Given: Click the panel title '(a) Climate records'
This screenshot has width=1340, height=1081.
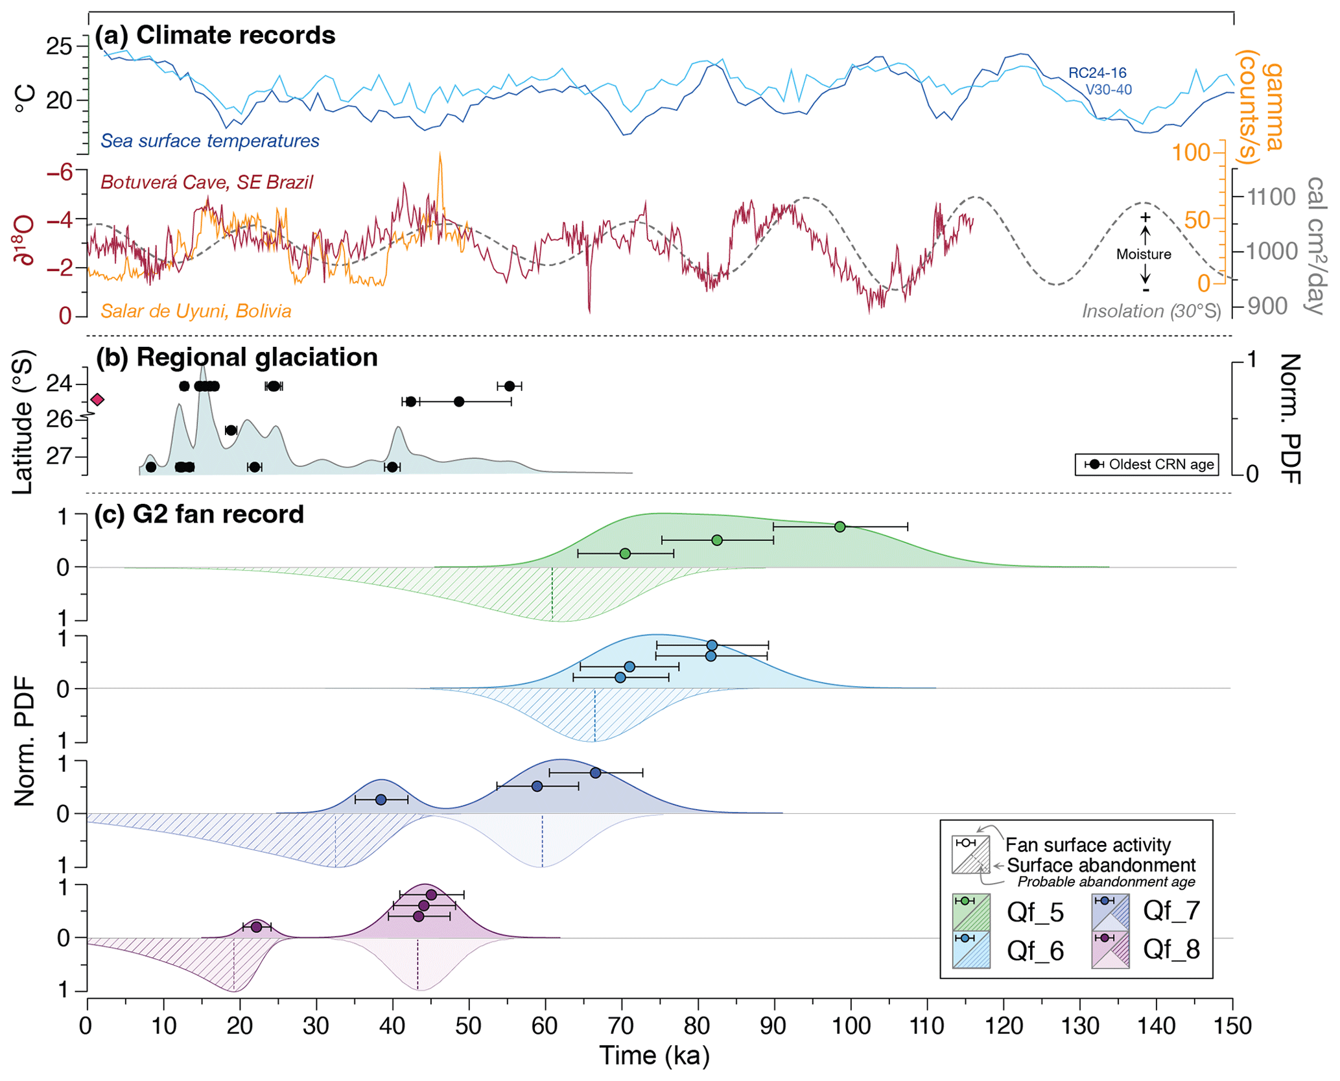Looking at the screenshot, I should pos(215,35).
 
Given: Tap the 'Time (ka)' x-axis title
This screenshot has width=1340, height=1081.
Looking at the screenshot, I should pos(654,1055).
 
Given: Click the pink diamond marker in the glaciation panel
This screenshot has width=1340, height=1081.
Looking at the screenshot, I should pos(97,399).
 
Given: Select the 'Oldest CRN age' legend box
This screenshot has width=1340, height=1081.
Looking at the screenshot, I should pos(1146,464).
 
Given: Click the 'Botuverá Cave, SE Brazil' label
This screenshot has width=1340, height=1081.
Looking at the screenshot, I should pos(206,182).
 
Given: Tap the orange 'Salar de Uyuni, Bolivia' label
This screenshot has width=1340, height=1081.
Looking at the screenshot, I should pos(196,311).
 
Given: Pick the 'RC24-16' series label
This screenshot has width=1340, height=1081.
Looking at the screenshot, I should pos(1097,73).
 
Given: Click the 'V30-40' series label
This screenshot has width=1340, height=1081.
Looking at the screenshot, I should pos(1108,89).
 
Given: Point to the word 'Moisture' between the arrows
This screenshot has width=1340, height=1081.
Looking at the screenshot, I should pos(1144,254).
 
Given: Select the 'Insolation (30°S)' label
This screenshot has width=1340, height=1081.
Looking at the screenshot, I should pos(1151,311).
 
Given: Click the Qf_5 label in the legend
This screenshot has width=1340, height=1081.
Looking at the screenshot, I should pos(1035,912).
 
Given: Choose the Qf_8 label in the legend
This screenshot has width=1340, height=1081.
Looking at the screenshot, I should pos(1171,949).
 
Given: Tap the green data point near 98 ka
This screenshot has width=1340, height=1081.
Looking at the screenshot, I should pos(840,527).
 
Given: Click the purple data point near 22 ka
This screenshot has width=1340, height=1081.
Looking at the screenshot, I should pos(256,927).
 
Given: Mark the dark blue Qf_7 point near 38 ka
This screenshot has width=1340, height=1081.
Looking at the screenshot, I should pos(381,800).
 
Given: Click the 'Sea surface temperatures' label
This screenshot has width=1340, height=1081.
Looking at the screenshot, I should pos(210,141).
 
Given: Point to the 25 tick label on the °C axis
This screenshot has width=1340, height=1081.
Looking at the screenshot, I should pos(59,47).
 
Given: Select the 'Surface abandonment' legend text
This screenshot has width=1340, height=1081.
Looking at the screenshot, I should pos(1101,865).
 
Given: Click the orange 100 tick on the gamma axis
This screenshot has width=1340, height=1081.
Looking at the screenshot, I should pos(1191,153).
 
